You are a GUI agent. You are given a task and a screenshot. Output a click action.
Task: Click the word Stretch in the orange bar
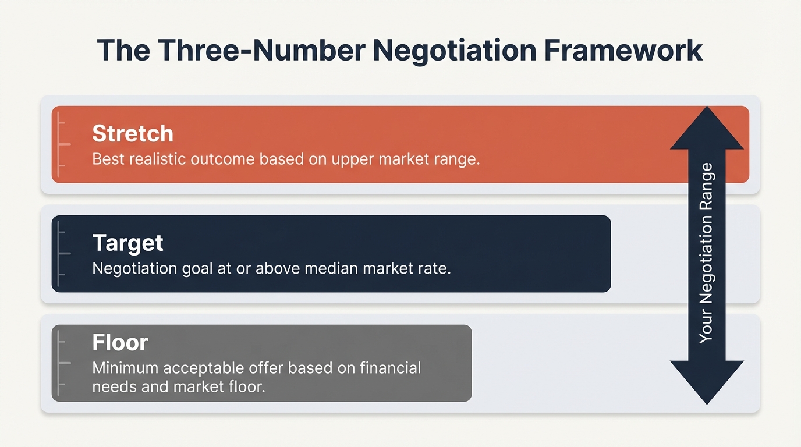pos(133,134)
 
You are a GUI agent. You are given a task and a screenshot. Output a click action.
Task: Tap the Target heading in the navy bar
pos(127,243)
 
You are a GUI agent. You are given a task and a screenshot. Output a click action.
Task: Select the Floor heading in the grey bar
pos(120,342)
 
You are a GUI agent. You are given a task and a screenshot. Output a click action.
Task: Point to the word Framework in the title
pos(623,51)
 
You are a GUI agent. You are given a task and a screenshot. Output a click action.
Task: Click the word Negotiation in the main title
pos(454,51)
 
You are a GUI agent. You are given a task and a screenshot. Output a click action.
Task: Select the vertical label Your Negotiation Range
pos(706,253)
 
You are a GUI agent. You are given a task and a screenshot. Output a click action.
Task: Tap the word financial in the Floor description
pos(391,368)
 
